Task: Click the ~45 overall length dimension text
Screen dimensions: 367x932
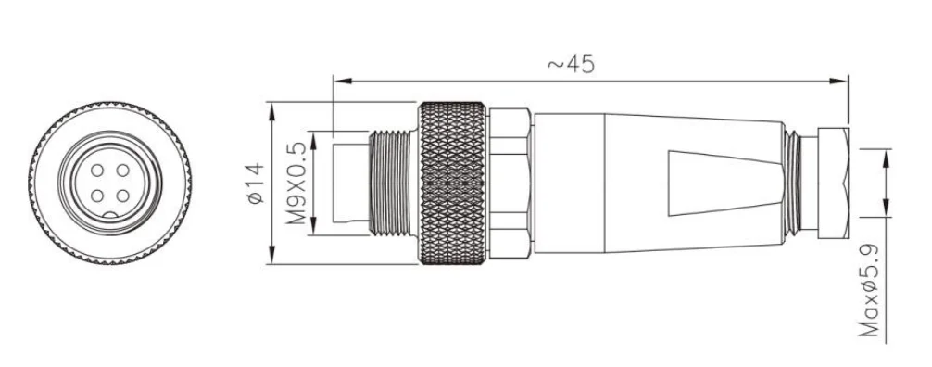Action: click(x=570, y=63)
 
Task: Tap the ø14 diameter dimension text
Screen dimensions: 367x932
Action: click(x=254, y=183)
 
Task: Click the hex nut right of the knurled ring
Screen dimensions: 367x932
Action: click(x=510, y=183)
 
